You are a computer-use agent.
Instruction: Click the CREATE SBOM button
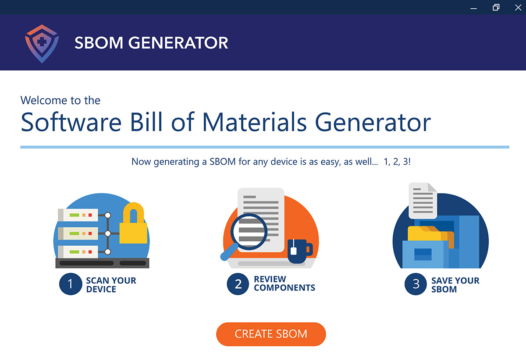271,334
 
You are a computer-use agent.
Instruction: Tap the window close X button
518,8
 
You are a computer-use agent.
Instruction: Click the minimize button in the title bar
474,9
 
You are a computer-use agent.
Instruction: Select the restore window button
496,7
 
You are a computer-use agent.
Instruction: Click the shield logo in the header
42,44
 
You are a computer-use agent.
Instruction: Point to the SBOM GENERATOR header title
151,43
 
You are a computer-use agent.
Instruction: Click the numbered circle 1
71,284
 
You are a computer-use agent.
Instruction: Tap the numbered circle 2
238,284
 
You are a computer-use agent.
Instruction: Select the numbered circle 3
416,284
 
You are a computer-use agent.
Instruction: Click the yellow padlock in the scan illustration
133,224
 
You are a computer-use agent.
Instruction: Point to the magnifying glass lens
249,232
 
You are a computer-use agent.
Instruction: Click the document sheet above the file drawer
423,201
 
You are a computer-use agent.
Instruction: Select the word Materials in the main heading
254,122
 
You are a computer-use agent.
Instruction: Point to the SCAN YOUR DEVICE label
111,285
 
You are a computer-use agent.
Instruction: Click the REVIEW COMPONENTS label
284,283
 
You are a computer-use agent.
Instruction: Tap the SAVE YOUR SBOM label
455,285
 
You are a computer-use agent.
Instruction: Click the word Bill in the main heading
146,122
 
